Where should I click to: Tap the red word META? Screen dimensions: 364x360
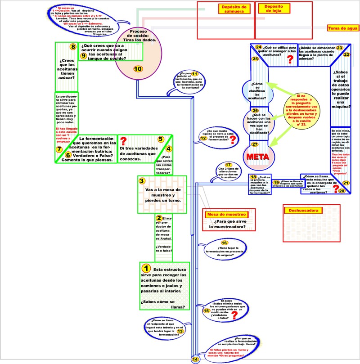coord(258,157)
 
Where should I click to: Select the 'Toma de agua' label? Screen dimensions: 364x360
coord(343,28)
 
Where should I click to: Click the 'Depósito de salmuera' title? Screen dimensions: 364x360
coord(234,9)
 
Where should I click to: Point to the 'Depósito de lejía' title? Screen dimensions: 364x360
coord(274,9)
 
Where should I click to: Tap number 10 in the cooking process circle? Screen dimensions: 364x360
coord(138,68)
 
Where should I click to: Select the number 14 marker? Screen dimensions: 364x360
coord(195,359)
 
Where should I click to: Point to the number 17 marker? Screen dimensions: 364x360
coord(229,165)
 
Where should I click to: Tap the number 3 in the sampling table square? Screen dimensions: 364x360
coord(142,181)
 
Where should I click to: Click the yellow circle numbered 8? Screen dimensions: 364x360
coord(73,47)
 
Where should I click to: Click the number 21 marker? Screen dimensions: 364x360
coord(346,183)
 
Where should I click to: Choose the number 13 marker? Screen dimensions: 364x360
coord(180,332)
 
